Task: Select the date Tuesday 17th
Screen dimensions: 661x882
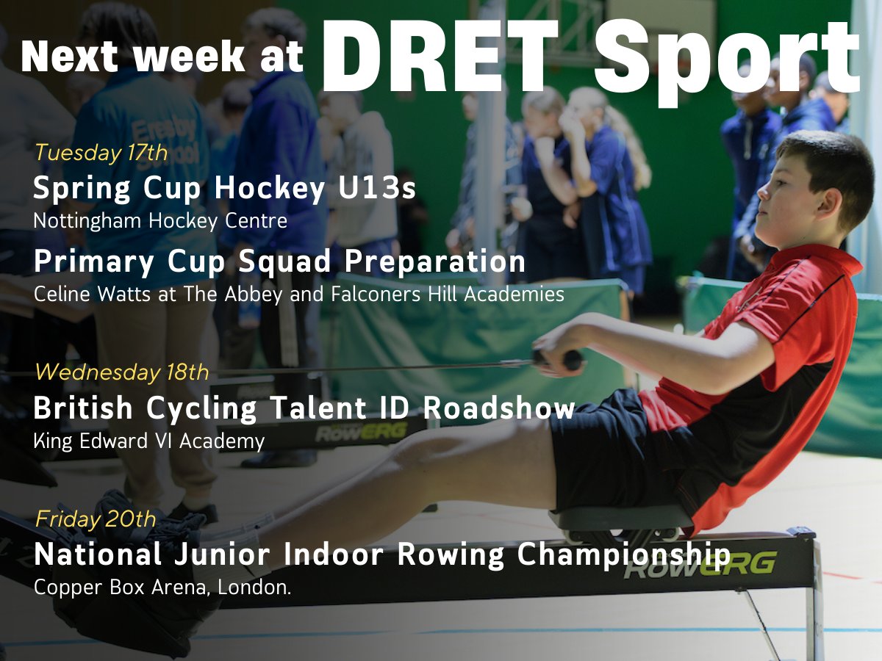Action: pos(101,153)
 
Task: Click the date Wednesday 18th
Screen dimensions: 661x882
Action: pos(121,372)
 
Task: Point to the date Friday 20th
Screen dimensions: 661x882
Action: pos(96,519)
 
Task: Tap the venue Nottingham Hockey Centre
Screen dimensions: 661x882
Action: pos(160,221)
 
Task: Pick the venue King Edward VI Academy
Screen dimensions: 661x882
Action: pos(149,441)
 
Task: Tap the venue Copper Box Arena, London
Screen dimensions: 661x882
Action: pos(162,588)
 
